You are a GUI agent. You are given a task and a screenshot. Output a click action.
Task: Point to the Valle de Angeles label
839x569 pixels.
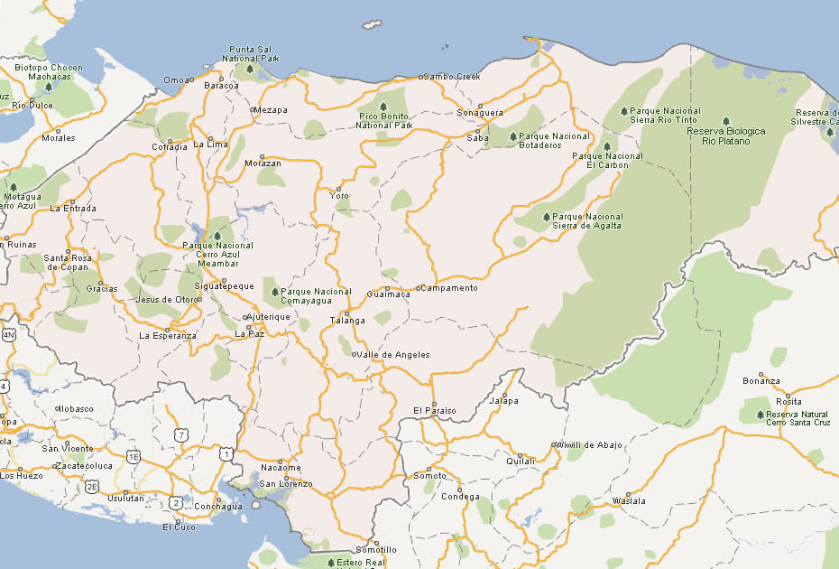coord(393,355)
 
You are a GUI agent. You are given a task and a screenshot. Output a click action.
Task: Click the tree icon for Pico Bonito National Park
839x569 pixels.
coord(383,106)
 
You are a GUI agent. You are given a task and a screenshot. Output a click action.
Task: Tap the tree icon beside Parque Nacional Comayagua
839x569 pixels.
coord(275,292)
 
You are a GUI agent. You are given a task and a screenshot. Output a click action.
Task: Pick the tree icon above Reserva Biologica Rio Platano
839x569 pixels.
coord(726,121)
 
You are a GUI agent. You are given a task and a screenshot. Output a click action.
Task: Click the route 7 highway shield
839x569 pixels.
coord(182,435)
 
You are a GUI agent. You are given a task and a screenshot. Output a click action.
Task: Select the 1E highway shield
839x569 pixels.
coord(134,457)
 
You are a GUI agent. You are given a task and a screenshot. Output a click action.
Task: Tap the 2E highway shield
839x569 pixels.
coord(92,486)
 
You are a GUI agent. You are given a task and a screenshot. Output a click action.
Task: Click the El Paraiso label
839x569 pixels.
coord(435,411)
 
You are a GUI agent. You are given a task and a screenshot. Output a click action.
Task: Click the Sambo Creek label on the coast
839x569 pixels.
coord(452,77)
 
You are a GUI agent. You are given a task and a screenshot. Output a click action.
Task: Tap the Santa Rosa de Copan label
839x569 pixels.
coord(68,262)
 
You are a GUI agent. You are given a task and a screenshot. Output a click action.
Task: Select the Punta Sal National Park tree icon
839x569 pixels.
coord(250,69)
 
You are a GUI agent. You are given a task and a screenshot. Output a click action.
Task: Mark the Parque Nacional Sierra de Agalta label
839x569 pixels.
coord(587,221)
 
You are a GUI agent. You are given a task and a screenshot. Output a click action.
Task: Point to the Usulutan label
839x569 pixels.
coord(125,498)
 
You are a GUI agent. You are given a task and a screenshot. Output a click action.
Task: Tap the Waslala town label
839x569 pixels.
coord(629,500)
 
